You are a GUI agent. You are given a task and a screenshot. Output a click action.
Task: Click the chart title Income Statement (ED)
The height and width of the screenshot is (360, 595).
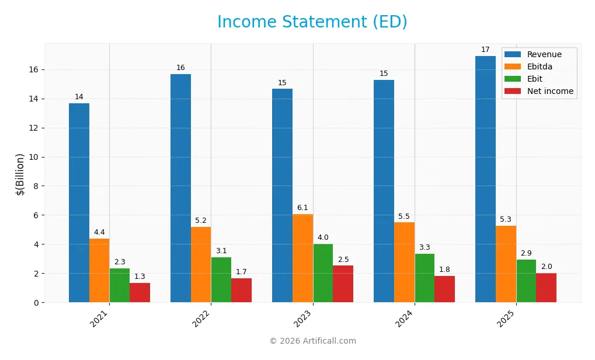312,22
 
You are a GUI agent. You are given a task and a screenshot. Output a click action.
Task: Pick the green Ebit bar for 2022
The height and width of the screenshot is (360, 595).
221,279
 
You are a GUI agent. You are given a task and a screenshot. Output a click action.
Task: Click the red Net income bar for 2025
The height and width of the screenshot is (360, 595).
546,288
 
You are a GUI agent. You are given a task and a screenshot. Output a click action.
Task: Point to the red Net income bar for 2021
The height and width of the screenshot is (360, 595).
140,292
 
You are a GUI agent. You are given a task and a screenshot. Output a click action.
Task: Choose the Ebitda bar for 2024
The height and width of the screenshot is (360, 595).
404,262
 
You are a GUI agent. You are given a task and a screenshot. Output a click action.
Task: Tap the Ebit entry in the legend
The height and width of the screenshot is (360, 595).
534,79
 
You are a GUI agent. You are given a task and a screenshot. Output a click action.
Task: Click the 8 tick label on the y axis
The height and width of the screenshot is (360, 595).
36,186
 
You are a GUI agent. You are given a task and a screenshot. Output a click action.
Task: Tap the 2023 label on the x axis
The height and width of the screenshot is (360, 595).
305,319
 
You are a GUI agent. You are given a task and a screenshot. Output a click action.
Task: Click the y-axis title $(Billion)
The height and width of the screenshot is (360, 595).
20,174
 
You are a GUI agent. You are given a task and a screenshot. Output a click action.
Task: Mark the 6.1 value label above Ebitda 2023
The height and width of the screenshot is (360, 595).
302,208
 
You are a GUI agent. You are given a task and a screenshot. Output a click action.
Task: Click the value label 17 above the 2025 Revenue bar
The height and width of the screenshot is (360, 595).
485,50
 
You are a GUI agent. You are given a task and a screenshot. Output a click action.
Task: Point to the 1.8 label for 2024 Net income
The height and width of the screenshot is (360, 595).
444,269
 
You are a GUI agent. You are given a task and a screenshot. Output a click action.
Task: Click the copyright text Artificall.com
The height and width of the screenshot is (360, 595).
312,341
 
